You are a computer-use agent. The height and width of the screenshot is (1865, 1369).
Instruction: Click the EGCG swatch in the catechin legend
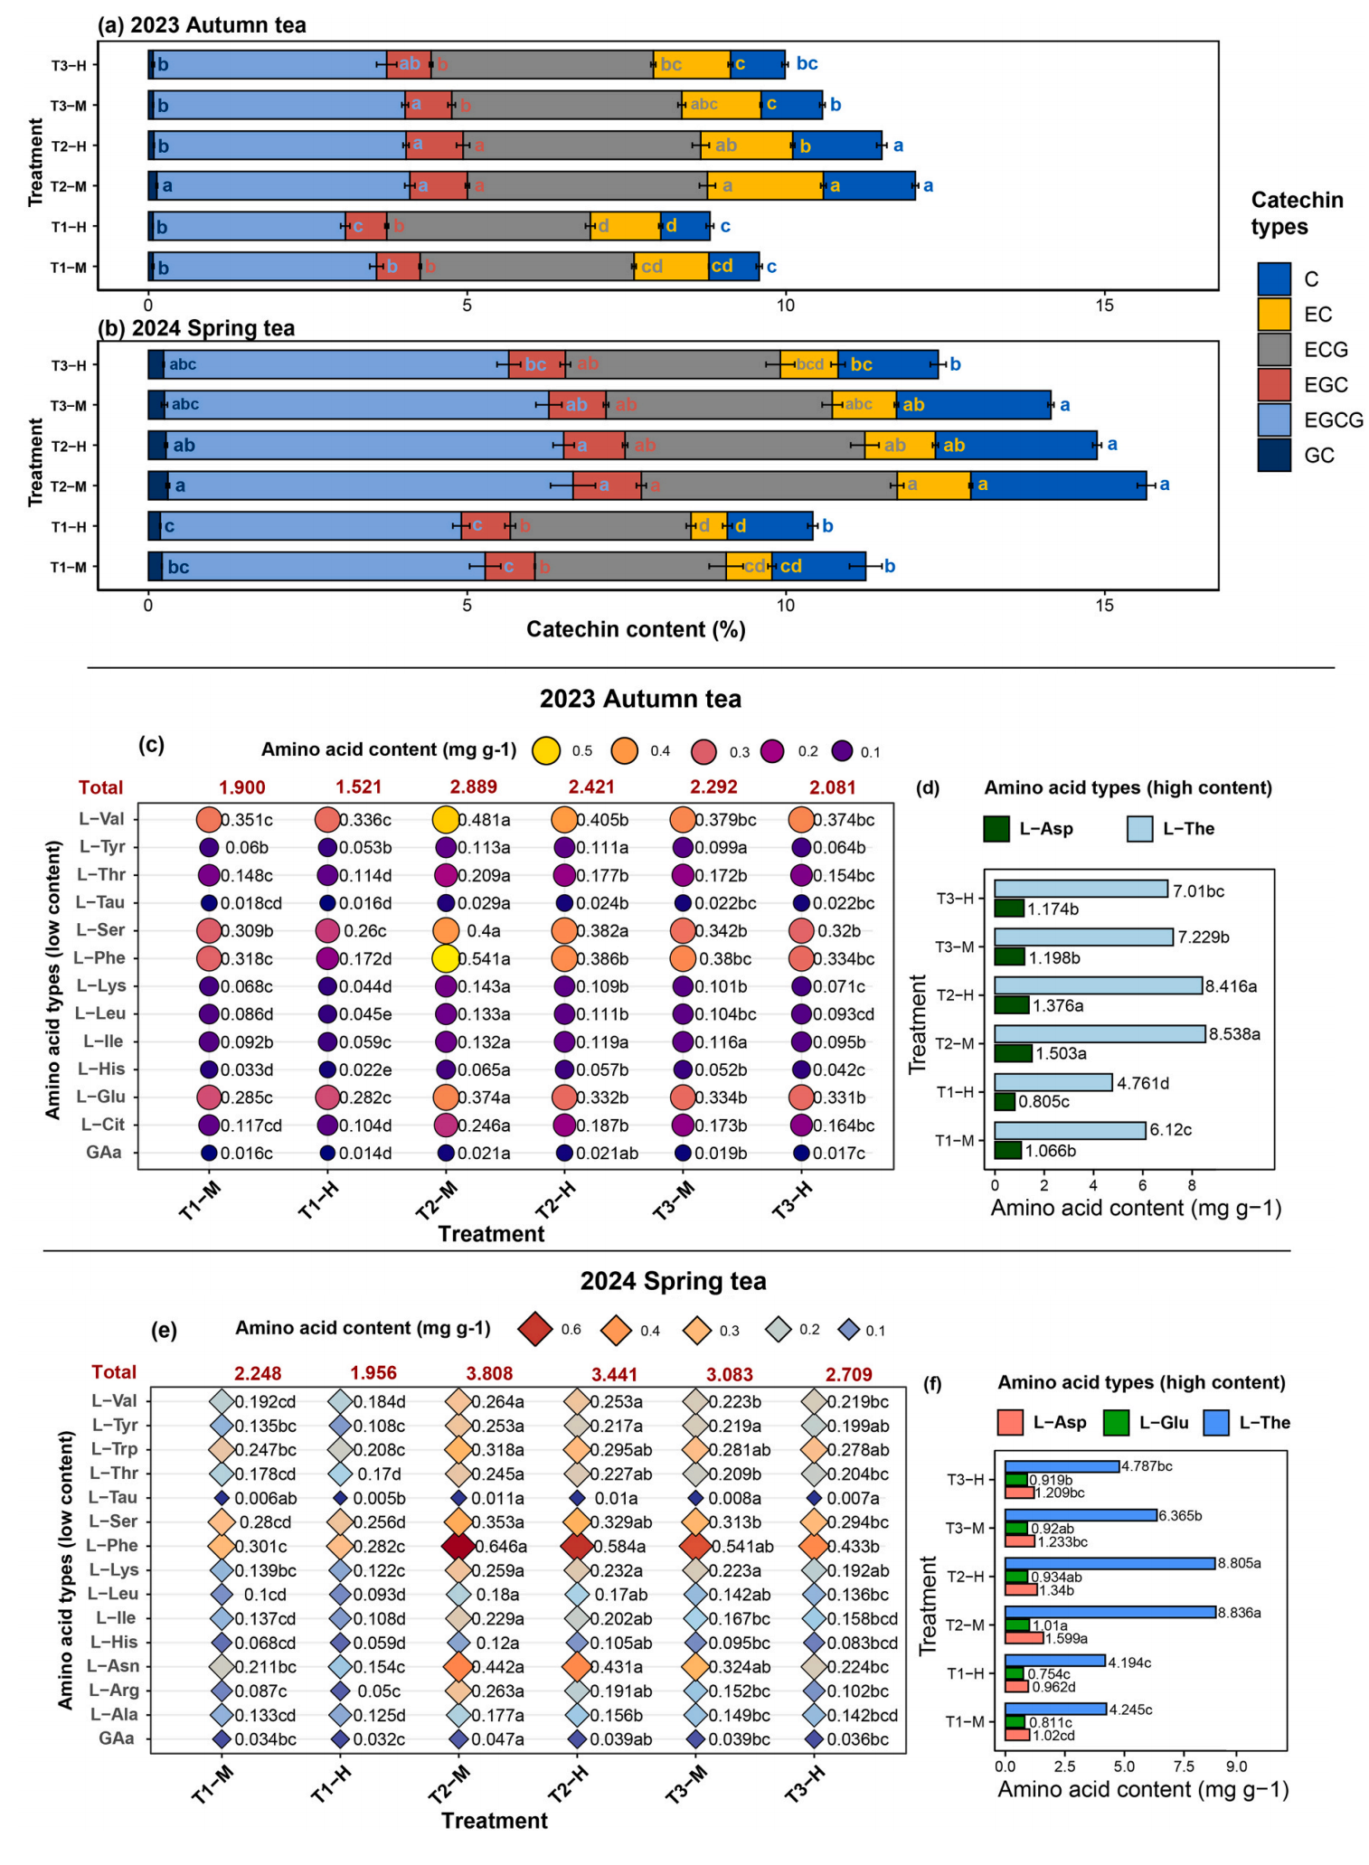pyautogui.click(x=1273, y=419)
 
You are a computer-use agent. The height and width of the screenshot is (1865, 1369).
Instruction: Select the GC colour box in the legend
pyautogui.click(x=1273, y=455)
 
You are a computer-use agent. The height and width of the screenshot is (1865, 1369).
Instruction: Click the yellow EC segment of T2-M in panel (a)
pyautogui.click(x=764, y=186)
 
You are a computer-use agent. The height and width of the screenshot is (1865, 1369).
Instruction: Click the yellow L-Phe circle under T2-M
pyautogui.click(x=445, y=958)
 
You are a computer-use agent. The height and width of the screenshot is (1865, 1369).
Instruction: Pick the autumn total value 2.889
pyautogui.click(x=474, y=787)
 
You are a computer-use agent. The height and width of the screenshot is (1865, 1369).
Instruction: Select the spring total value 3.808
pyautogui.click(x=489, y=1373)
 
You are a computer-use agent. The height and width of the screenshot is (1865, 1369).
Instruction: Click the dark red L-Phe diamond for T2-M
pyautogui.click(x=458, y=1546)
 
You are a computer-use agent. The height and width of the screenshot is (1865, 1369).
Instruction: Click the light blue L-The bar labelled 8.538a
pyautogui.click(x=1099, y=1033)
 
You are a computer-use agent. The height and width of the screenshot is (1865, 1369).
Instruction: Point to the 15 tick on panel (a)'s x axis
pyautogui.click(x=1104, y=306)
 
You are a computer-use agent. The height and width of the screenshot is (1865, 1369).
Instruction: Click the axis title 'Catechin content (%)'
pyautogui.click(x=636, y=629)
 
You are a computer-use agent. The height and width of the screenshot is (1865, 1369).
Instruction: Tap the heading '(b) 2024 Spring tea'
pyautogui.click(x=196, y=328)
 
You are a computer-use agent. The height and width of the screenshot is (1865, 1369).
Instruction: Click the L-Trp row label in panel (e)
pyautogui.click(x=113, y=1449)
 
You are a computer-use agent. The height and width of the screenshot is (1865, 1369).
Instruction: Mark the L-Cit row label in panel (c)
pyautogui.click(x=102, y=1125)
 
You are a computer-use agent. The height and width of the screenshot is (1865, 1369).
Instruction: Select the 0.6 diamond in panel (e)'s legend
pyautogui.click(x=536, y=1330)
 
